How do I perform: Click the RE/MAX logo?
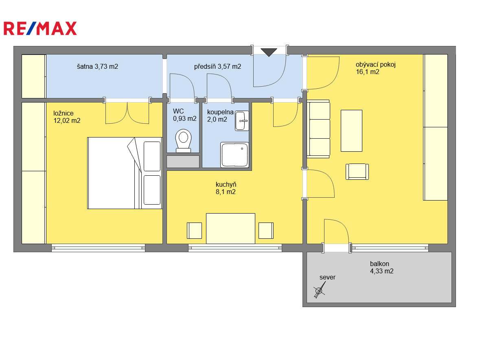[40, 28]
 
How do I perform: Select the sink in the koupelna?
[242, 121]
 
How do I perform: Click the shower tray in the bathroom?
[235, 155]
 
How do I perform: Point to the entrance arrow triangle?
[269, 52]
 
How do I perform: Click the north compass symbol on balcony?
[319, 290]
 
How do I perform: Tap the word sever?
[327, 277]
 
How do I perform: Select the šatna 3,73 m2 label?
[97, 66]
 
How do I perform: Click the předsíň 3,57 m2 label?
[217, 66]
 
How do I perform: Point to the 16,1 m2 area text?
[367, 72]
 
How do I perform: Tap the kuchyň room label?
[226, 184]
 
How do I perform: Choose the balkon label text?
[379, 264]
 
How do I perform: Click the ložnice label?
[64, 113]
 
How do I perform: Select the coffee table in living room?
[351, 131]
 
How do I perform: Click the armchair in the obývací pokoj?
[357, 172]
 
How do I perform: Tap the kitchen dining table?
[230, 229]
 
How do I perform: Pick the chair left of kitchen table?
[194, 231]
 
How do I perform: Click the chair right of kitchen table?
[266, 231]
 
